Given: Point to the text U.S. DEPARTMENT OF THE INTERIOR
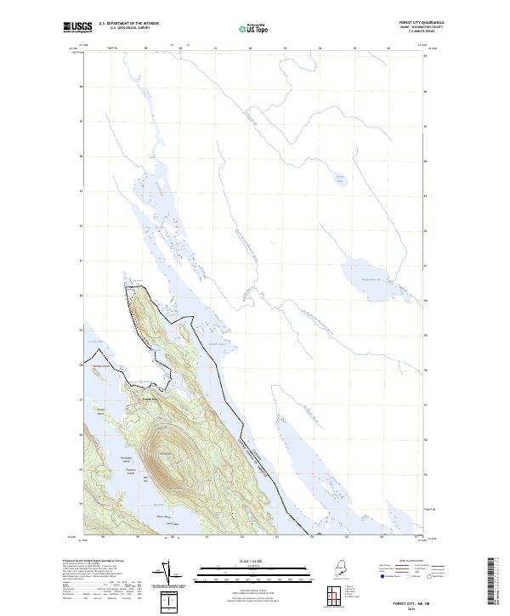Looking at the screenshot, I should click(128, 24).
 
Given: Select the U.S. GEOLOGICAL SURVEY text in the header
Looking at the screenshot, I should click(128, 29).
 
